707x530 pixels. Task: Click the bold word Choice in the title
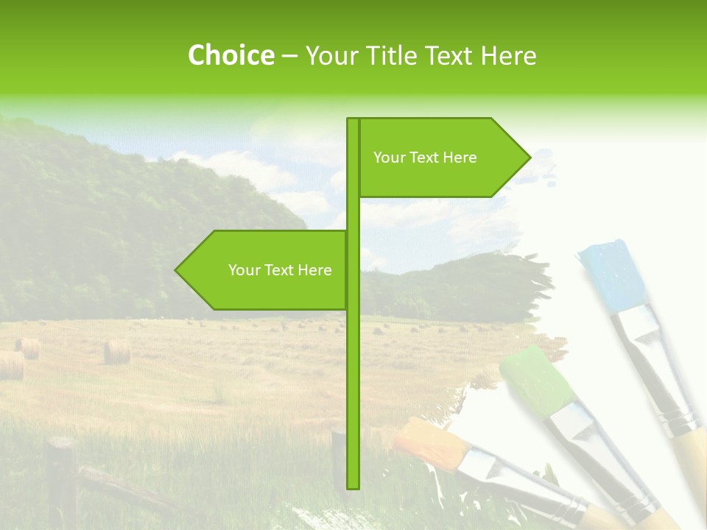point(231,56)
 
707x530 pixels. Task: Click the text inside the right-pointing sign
point(425,158)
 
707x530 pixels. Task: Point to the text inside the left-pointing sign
point(280,270)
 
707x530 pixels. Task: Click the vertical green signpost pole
point(353,368)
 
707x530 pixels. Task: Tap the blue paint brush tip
point(611,274)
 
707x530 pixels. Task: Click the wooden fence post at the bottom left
point(62,478)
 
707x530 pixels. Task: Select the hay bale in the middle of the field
point(116,352)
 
